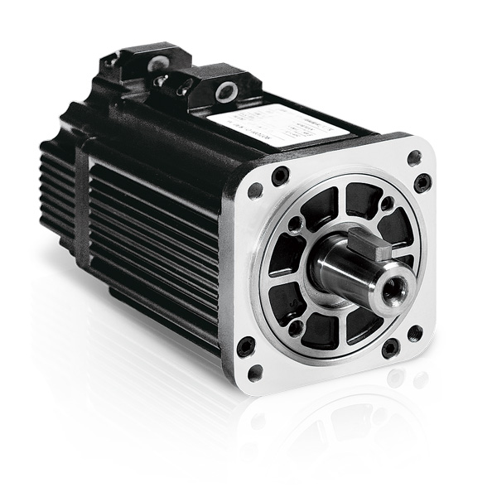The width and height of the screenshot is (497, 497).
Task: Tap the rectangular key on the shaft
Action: (x=366, y=244)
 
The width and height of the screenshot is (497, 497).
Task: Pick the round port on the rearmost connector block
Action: (x=154, y=62)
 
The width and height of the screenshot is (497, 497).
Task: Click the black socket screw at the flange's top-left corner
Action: (x=280, y=175)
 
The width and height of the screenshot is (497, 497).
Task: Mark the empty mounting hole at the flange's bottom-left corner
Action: (x=256, y=373)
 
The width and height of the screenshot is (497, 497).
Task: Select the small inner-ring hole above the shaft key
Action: (x=386, y=203)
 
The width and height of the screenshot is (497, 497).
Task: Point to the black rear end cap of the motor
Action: (x=58, y=182)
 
